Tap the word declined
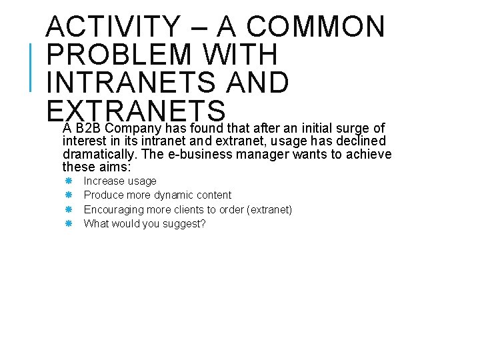pos(363,141)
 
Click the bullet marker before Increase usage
pos(68,181)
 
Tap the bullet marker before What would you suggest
pos(68,223)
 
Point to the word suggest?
pos(186,223)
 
